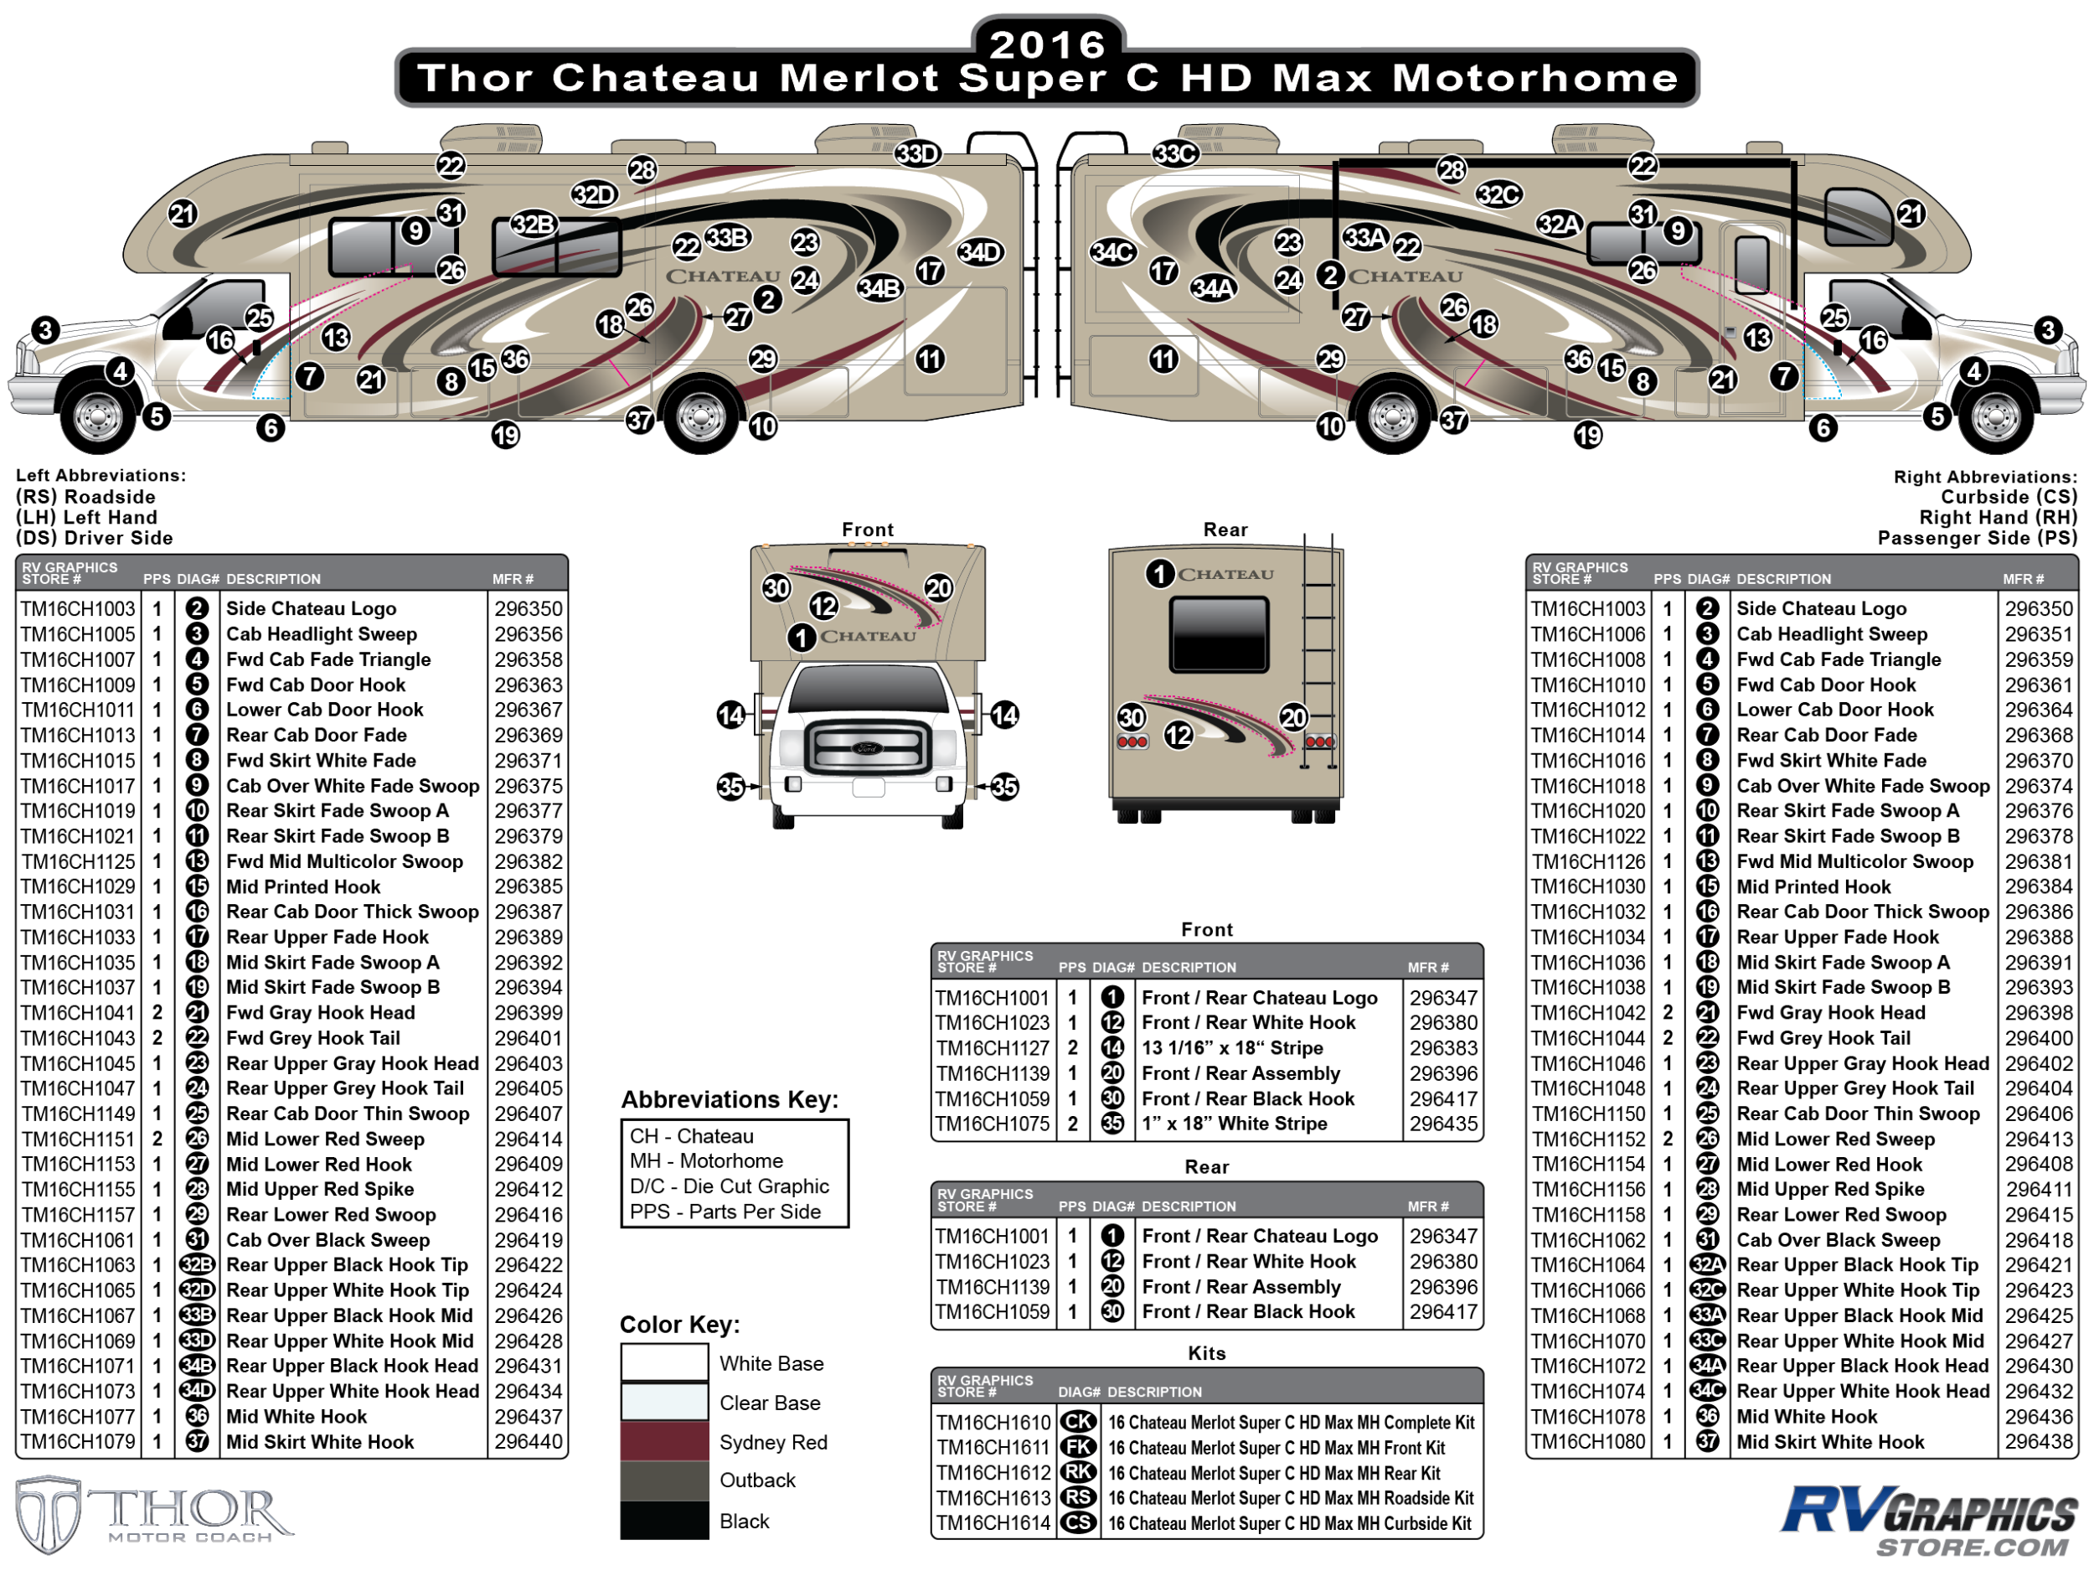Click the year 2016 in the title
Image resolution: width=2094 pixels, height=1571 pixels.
[x=1047, y=44]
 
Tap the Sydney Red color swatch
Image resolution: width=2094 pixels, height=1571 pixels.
[x=663, y=1441]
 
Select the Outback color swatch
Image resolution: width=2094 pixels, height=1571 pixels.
[x=663, y=1481]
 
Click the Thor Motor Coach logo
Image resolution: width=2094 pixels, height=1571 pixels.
[x=152, y=1513]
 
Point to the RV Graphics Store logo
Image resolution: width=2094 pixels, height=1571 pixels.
[x=1932, y=1520]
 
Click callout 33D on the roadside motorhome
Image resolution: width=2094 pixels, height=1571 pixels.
[x=916, y=153]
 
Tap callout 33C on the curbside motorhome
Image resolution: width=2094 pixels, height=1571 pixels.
[x=1175, y=153]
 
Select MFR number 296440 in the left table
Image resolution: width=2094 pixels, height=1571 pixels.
[x=529, y=1441]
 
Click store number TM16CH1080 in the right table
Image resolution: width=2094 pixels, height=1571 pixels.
[x=1588, y=1441]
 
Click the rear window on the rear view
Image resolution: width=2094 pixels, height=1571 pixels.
[x=1219, y=633]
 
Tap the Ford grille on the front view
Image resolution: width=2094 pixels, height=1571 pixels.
[x=867, y=748]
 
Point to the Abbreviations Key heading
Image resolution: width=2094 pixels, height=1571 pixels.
[x=729, y=1099]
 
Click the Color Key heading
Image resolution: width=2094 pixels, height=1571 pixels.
[x=678, y=1324]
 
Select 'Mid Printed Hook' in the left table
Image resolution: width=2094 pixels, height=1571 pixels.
[x=303, y=886]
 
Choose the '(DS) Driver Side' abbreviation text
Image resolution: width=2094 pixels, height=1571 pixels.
[x=95, y=538]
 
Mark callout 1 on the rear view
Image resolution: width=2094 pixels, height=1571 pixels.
[x=1159, y=573]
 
